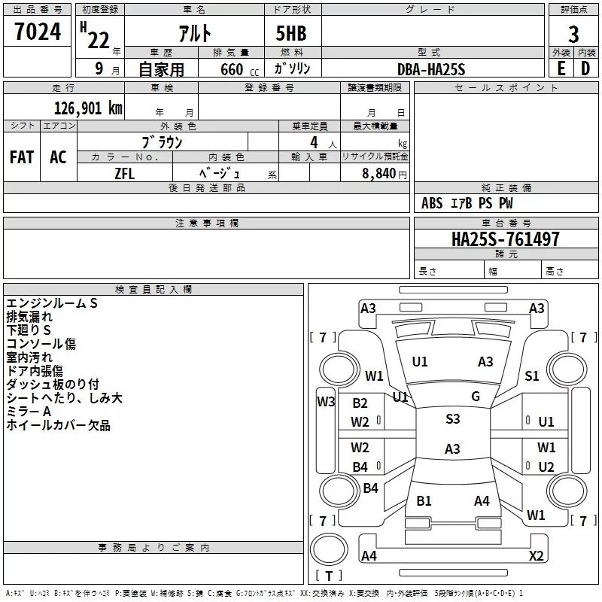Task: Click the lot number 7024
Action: [x=38, y=32]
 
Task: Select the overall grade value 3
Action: [x=573, y=35]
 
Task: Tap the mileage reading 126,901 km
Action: [x=88, y=108]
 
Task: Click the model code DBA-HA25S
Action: [x=431, y=69]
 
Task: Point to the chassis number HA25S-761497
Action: [x=505, y=239]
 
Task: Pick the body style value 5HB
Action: [x=291, y=33]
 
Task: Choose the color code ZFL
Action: [x=124, y=174]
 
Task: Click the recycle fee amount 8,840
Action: [x=379, y=174]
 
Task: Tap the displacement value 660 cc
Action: [x=239, y=69]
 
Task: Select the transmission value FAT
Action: [x=22, y=157]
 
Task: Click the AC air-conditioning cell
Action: [x=58, y=157]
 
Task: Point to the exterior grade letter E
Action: [x=561, y=68]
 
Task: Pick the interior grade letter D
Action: [x=585, y=68]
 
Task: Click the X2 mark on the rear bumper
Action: [x=536, y=555]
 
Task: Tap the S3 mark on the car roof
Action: [x=453, y=419]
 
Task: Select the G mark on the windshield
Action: [x=476, y=397]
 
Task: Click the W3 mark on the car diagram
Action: [x=326, y=402]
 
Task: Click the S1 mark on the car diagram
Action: [x=532, y=375]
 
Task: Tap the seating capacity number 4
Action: [x=314, y=142]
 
